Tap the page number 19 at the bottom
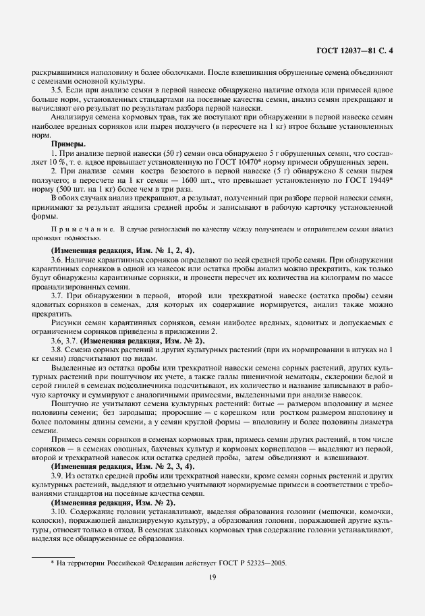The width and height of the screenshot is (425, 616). [x=213, y=577]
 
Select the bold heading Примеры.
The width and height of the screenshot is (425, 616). [x=68, y=144]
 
